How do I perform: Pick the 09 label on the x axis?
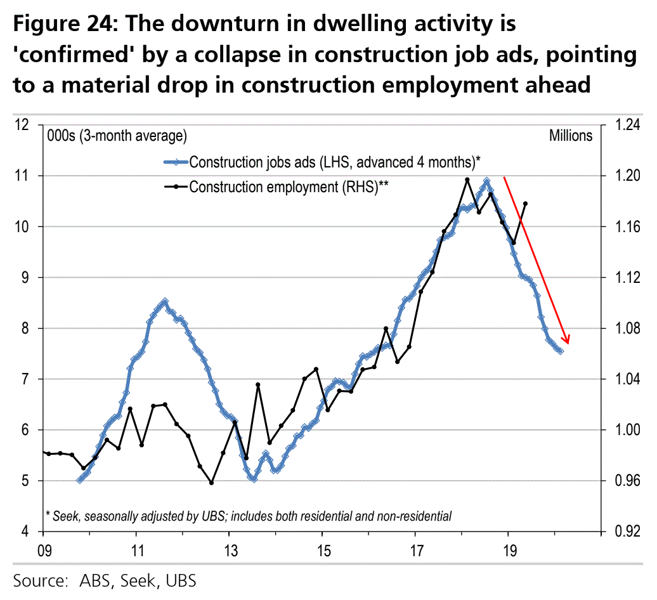44,549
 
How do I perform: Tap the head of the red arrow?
567,343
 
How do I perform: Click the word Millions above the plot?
570,136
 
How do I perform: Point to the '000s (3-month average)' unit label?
116,136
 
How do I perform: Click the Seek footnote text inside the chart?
249,516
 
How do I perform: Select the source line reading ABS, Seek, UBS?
105,580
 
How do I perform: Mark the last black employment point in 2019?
525,204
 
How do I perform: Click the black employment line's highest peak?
467,179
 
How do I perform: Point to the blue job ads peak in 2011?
165,301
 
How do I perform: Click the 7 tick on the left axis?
26,379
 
